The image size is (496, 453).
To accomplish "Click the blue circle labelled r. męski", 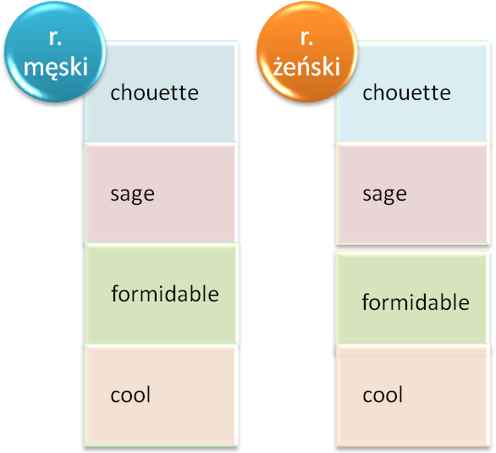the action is point(55,52).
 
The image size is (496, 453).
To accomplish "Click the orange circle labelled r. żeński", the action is point(307,52).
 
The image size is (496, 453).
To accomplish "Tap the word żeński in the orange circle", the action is point(306,66).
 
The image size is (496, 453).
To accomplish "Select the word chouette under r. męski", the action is point(154,92).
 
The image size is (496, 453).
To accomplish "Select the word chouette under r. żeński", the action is point(406,92).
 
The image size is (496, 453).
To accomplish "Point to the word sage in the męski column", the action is point(133,195).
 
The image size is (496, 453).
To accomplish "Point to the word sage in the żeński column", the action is point(384,195).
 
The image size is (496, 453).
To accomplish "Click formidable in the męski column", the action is point(165,294).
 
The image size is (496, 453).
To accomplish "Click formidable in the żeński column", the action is point(416,301).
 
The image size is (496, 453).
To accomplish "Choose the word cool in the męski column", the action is point(130,395).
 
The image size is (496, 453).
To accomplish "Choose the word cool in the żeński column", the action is point(383,395).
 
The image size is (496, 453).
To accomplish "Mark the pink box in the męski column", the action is point(161,193).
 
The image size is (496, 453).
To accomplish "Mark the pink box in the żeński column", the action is point(412,193).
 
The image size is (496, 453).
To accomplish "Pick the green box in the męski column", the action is point(161,294).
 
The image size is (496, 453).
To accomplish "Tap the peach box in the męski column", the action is point(161,395).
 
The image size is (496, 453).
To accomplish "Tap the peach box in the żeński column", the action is point(412,395).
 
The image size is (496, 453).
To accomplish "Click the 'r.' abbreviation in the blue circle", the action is point(55,38).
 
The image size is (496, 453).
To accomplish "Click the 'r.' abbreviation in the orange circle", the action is point(306,38).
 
